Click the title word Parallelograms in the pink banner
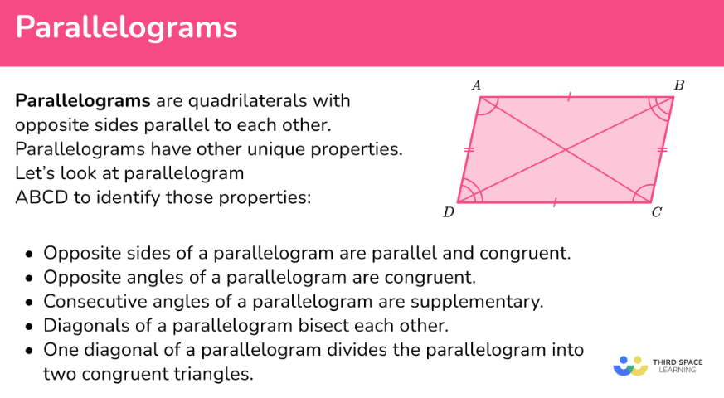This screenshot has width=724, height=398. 126,27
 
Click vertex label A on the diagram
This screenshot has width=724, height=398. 476,85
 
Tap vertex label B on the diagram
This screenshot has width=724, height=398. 678,85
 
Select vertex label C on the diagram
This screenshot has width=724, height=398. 657,212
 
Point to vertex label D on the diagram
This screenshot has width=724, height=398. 449,212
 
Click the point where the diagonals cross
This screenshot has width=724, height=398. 566,149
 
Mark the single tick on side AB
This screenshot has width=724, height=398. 569,97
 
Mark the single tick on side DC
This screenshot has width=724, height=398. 555,202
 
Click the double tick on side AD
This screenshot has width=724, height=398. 469,149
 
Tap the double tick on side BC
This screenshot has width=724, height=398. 662,149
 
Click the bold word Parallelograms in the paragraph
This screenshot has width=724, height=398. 83,101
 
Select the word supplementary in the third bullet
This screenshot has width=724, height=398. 477,302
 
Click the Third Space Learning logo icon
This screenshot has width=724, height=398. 630,366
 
